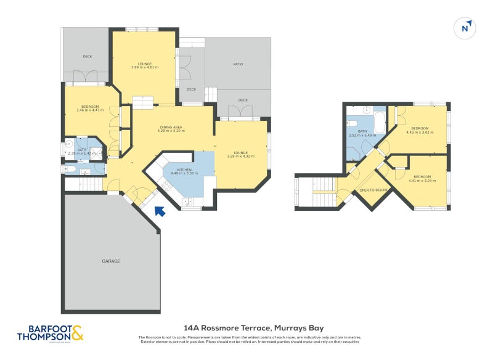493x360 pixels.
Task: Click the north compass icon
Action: [467, 28]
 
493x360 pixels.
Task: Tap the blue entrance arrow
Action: [160, 211]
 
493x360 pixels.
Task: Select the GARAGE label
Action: [111, 261]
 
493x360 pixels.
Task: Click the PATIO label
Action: [238, 63]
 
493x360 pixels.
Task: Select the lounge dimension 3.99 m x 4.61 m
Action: [145, 67]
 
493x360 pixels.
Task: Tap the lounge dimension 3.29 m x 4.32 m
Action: [241, 157]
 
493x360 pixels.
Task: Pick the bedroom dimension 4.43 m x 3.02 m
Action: [420, 132]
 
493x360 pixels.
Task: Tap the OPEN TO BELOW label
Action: [373, 190]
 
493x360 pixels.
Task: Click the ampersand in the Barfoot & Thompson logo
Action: [77, 333]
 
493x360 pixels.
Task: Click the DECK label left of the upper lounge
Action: [88, 57]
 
